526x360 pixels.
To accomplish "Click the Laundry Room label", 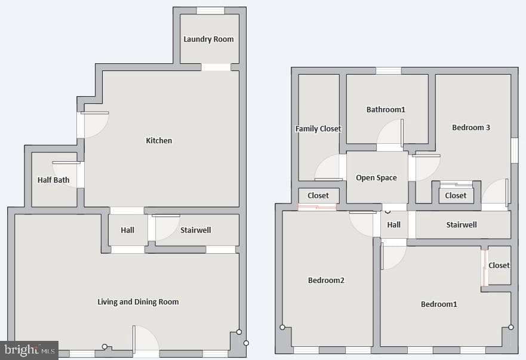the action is point(208,39).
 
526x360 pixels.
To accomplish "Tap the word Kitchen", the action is point(159,140).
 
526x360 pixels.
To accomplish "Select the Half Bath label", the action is point(53,180).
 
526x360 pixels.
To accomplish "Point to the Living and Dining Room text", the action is point(138,302).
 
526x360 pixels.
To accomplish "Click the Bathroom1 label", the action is point(386,110).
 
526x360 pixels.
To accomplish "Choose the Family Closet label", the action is point(318,129).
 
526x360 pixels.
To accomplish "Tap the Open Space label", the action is point(376,178).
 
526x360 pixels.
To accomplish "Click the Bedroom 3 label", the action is point(471,128).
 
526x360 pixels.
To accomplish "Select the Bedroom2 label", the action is point(326,280).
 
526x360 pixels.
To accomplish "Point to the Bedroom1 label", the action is point(439,304).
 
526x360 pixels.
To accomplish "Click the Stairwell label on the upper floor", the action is point(462,225).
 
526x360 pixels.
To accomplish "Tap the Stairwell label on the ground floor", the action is point(196,230).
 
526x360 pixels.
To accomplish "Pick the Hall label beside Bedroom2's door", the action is point(394,225).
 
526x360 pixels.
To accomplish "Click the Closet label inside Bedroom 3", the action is point(456,196).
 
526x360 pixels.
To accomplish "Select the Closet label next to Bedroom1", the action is point(499,266).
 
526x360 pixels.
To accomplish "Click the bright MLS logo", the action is point(29,350).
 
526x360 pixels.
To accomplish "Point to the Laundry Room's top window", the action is point(210,11).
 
